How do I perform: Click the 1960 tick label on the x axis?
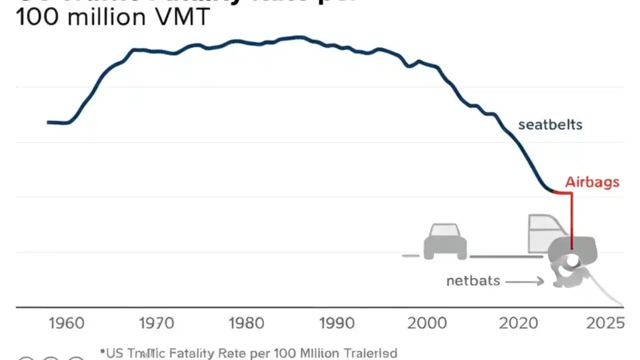pos(66,323)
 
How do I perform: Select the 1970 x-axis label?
pos(156,323)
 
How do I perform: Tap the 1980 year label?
pos(246,323)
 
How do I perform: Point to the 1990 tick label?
pos(337,323)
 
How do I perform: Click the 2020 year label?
pos(518,323)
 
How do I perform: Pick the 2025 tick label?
pos(605,323)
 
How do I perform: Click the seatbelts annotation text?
pos(550,124)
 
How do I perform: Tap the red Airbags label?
pos(592,182)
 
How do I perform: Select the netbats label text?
pos(473,280)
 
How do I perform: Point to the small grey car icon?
pos(445,241)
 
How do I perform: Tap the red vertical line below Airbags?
pos(571,220)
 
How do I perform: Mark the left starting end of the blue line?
pos(48,122)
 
